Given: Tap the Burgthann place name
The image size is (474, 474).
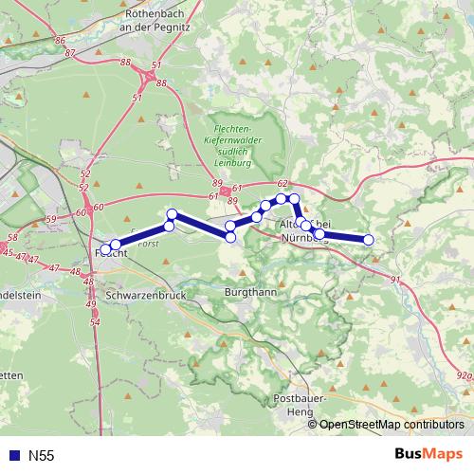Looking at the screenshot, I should tap(250, 293).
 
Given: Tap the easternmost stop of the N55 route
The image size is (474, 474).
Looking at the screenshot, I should tap(369, 240).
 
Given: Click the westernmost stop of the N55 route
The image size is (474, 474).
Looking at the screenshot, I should tap(104, 251).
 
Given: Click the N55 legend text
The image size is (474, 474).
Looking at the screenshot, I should tap(41, 455).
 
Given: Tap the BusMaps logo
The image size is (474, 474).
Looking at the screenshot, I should tap(428, 454).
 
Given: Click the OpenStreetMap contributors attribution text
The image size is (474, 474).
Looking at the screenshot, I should tap(392, 425).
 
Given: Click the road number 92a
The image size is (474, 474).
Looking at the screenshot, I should tap(462, 376).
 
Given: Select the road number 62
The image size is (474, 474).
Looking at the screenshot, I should tap(282, 183).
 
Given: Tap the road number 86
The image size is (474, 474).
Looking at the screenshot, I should tap(60, 41).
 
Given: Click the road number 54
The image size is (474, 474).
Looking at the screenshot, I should tap(95, 322).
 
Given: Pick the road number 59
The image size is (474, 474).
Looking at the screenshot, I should tap(50, 219).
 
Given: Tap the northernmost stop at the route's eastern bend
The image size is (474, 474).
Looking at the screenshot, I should tap(293, 198).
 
